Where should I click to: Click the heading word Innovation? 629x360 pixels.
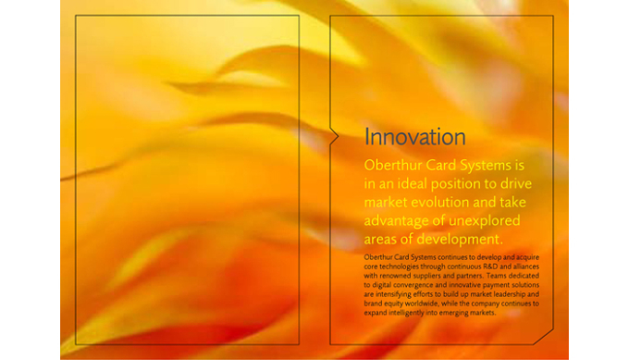click(x=414, y=137)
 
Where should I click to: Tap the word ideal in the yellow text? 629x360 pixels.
click(x=412, y=183)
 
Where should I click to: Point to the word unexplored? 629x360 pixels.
click(x=484, y=221)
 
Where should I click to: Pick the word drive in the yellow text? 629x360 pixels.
click(x=516, y=183)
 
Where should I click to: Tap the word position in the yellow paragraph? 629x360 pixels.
click(x=456, y=184)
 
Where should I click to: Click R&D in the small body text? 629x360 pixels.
click(x=491, y=267)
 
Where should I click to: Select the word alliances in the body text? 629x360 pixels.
click(x=526, y=267)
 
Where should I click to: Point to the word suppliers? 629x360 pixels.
click(x=426, y=276)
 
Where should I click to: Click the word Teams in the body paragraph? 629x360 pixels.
click(x=497, y=275)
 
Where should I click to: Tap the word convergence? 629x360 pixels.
click(x=413, y=285)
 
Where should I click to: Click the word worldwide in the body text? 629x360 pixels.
click(x=421, y=304)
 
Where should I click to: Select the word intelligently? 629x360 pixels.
click(x=406, y=313)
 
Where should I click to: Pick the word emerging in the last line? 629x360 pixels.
click(x=453, y=313)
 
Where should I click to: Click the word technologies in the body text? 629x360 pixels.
click(x=398, y=267)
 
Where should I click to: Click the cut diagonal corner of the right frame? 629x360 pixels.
click(x=544, y=337)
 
